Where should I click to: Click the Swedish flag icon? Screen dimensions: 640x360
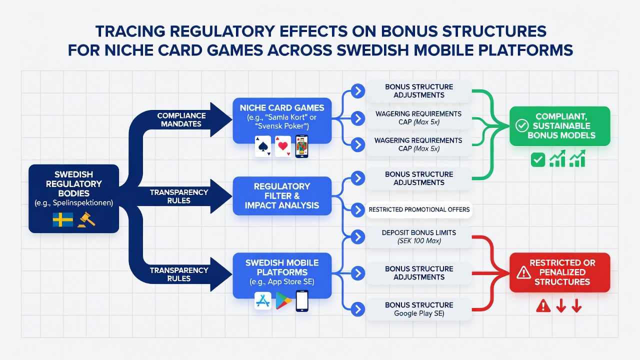[x=62, y=219]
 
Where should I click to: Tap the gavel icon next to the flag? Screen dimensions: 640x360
[x=86, y=219]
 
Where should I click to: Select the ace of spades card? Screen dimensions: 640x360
[x=263, y=146]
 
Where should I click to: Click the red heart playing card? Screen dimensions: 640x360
[x=283, y=146]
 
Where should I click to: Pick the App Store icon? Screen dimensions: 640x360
[x=263, y=301]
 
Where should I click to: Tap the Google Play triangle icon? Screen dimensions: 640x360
[x=283, y=301]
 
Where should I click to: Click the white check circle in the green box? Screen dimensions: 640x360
[x=521, y=125]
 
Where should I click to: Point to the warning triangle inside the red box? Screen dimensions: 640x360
[x=523, y=272]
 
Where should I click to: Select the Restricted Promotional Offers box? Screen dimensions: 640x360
[x=419, y=209]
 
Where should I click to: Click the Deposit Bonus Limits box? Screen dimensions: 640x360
[x=419, y=237]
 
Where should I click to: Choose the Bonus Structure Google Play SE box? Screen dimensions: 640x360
[x=419, y=309]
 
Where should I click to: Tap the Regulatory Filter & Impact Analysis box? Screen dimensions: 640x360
[x=282, y=196]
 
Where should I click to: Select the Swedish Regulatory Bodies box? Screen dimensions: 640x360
[x=73, y=198]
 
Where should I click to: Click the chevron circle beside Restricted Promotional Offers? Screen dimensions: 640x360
[x=357, y=210]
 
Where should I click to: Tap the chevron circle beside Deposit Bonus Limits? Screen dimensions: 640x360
[x=357, y=237]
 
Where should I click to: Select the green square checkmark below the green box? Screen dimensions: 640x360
[x=537, y=159]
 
